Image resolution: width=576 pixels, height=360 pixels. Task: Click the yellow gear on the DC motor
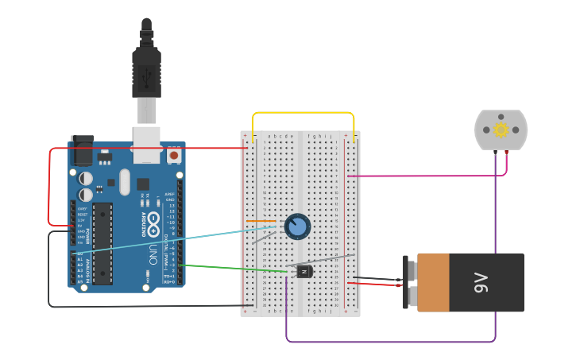(501, 130)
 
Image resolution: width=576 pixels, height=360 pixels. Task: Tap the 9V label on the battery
(481, 282)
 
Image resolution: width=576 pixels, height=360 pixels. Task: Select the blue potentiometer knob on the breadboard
(297, 226)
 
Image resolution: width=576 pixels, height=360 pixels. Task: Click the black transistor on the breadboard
(304, 272)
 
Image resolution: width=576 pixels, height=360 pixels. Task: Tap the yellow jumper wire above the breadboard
(302, 113)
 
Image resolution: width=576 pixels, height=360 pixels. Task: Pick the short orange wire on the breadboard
(261, 221)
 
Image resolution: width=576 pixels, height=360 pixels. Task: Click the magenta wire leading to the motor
(429, 176)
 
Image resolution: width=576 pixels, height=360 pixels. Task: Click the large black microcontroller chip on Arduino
(102, 243)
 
